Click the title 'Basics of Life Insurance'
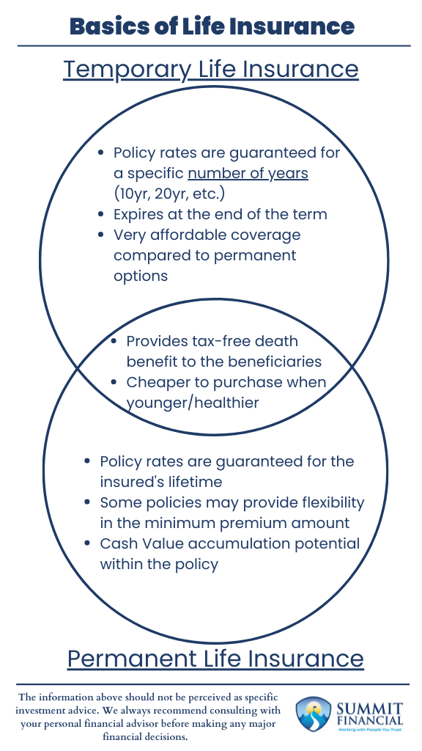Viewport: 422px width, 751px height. pyautogui.click(x=211, y=27)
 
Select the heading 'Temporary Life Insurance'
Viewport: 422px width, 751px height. pyautogui.click(x=211, y=69)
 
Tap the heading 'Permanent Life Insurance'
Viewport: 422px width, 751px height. pyautogui.click(x=215, y=658)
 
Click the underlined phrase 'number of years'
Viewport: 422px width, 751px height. pyautogui.click(x=248, y=174)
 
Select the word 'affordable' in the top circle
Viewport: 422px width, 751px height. pyautogui.click(x=184, y=235)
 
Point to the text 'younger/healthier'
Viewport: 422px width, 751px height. pyautogui.click(x=193, y=403)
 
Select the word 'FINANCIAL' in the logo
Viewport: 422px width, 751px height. pyautogui.click(x=371, y=721)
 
